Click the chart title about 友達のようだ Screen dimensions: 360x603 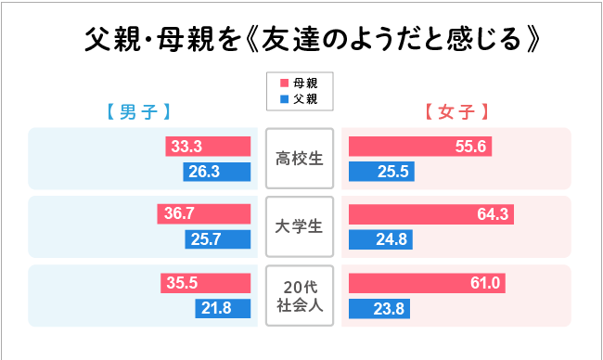[x=311, y=42]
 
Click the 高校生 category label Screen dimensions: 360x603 [x=299, y=159]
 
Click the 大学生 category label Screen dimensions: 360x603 [x=299, y=225]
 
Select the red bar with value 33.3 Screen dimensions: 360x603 [x=209, y=146]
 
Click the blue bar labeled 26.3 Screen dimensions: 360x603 [x=218, y=172]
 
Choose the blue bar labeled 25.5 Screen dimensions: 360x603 [x=380, y=172]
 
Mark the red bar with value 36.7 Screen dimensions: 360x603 [x=204, y=214]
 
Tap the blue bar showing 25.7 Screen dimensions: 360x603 [x=219, y=240]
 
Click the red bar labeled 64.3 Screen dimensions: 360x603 [x=430, y=214]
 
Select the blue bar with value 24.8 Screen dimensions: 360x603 [x=379, y=240]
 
